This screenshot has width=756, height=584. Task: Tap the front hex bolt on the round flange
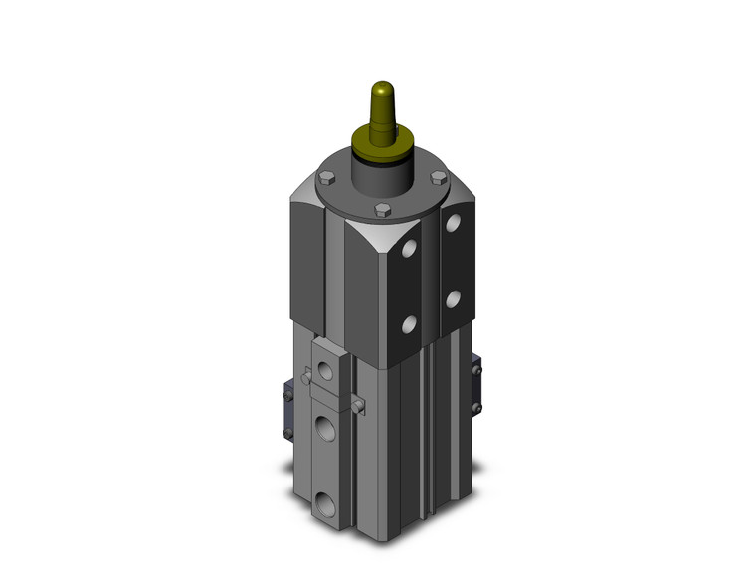[381, 210]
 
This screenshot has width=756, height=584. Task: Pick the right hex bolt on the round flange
[437, 179]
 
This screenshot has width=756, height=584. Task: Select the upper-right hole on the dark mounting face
[453, 222]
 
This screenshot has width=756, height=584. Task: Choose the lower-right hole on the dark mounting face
[453, 296]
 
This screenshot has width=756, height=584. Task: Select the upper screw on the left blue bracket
[297, 383]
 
